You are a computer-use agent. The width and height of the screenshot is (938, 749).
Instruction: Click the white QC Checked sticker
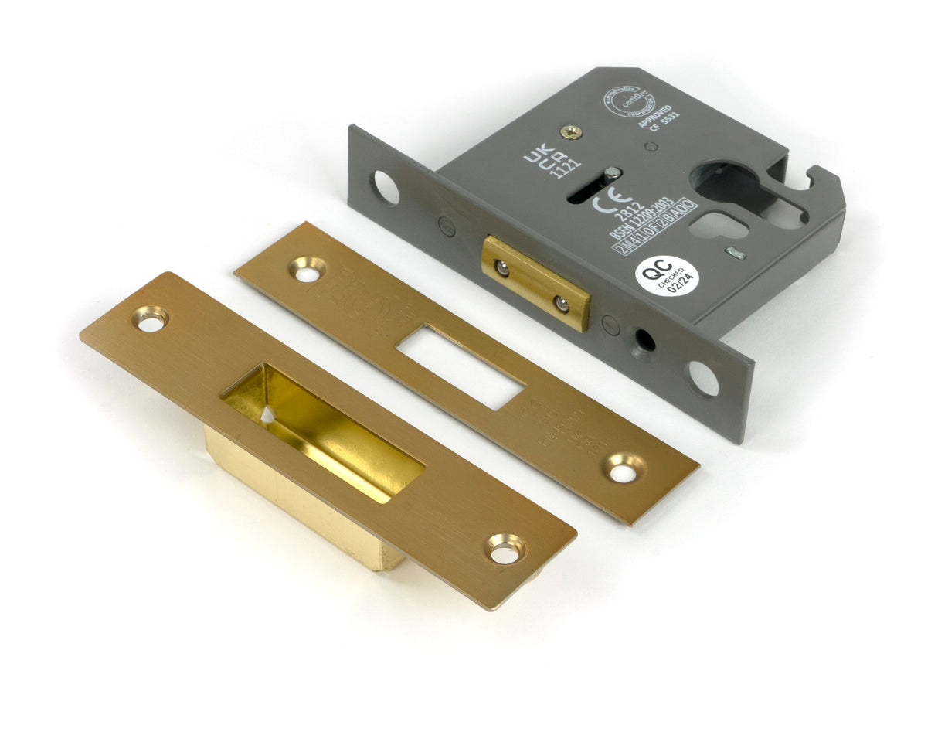(x=667, y=276)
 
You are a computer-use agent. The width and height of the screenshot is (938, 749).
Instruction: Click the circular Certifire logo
(x=628, y=103)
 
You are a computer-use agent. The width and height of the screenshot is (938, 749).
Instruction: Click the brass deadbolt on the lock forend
(x=535, y=282)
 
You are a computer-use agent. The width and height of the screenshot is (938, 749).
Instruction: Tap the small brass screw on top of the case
(x=571, y=132)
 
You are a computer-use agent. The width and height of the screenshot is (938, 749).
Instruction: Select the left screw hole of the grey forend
(x=386, y=187)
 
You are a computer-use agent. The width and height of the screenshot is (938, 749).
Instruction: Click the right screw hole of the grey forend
(x=702, y=378)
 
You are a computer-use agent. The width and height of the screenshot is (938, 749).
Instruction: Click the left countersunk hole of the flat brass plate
(x=308, y=269)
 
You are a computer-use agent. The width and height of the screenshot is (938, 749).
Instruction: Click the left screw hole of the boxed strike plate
(x=151, y=318)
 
